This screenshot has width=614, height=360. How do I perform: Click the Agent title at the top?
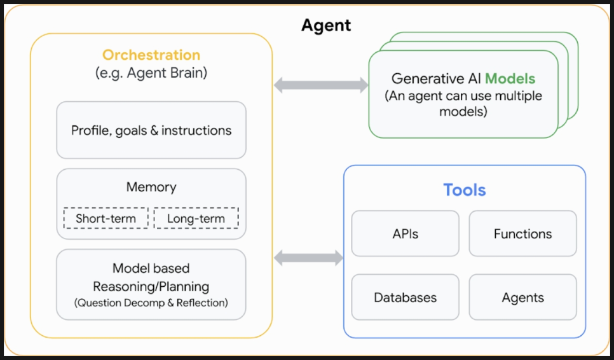pyautogui.click(x=326, y=26)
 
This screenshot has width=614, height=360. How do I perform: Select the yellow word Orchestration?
pyautogui.click(x=151, y=55)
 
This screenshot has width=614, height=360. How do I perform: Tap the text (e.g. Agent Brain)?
pyautogui.click(x=151, y=73)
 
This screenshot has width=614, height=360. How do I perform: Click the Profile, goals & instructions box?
pyautogui.click(x=151, y=130)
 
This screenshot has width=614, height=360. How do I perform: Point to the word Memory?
pyautogui.click(x=151, y=187)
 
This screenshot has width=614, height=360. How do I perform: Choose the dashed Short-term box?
pyautogui.click(x=106, y=218)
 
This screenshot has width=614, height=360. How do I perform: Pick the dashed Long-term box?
pyautogui.click(x=196, y=218)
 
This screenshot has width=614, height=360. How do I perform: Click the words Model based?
pyautogui.click(x=151, y=268)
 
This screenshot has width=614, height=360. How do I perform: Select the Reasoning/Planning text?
pyautogui.click(x=151, y=286)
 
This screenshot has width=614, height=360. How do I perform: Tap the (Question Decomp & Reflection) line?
pyautogui.click(x=151, y=303)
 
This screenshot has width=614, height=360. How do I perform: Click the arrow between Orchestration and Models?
pyautogui.click(x=321, y=85)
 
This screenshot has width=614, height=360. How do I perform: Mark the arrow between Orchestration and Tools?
pyautogui.click(x=308, y=258)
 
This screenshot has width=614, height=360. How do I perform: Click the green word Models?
pyautogui.click(x=510, y=79)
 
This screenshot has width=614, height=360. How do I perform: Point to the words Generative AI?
pyautogui.click(x=436, y=79)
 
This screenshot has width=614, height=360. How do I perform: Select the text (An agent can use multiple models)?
pyautogui.click(x=463, y=104)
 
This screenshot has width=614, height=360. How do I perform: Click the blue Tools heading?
pyautogui.click(x=465, y=190)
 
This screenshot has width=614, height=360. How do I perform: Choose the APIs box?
pyautogui.click(x=406, y=233)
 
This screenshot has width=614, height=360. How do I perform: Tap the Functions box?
pyautogui.click(x=522, y=233)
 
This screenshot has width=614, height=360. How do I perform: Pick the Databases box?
pyautogui.click(x=406, y=297)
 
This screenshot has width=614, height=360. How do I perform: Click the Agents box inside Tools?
pyautogui.click(x=522, y=297)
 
